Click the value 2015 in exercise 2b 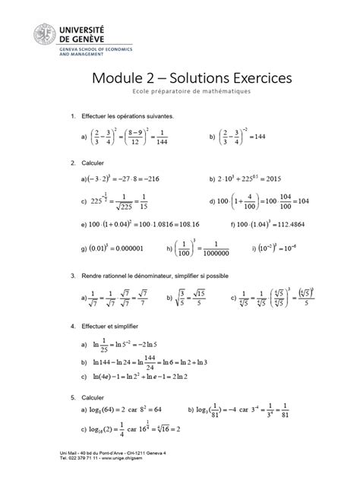[x=279, y=179]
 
